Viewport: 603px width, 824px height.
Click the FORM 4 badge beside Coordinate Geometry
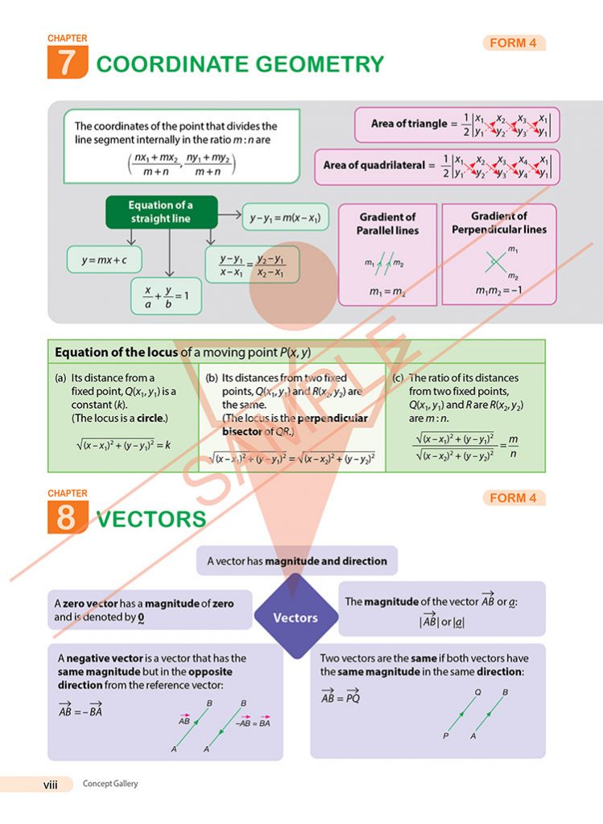pos(514,43)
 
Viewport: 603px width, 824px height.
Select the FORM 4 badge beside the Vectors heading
pos(514,498)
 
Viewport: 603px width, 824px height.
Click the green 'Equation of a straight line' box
pos(161,212)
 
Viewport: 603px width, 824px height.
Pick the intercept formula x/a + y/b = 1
pos(166,295)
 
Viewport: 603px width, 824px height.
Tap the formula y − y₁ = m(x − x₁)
pos(285,217)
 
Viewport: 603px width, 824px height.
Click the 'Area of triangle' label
pos(408,124)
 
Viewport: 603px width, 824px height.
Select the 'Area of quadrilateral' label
pos(373,166)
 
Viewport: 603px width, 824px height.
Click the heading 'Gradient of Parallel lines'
pos(387,224)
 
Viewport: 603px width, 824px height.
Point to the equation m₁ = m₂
pos(386,291)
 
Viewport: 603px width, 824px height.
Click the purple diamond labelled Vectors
pos(295,618)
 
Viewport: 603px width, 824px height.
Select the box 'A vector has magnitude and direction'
pos(297,561)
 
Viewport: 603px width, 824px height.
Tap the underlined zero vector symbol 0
pos(141,618)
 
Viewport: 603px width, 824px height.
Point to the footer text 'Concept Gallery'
pos(110,784)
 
